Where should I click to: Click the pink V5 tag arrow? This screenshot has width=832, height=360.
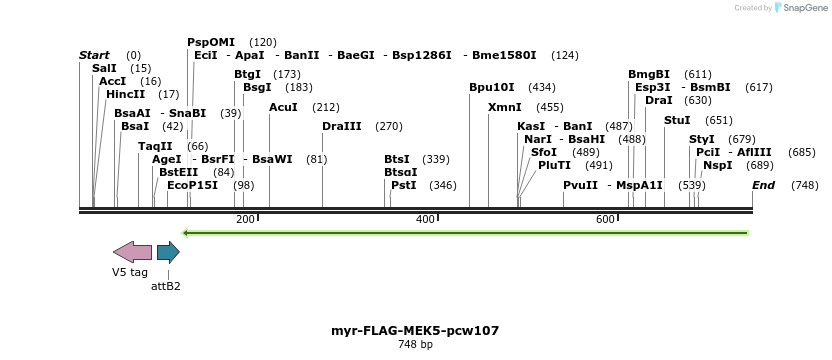(x=132, y=252)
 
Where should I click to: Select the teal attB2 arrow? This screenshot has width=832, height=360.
(x=168, y=252)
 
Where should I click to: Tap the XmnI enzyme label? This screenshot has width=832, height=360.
(x=504, y=107)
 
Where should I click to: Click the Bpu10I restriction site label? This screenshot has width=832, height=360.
(x=491, y=87)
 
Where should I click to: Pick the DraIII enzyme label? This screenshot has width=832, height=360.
(x=342, y=126)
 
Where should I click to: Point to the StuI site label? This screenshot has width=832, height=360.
(x=677, y=120)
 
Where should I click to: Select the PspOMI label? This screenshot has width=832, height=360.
(x=211, y=42)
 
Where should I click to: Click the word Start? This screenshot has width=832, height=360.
(x=94, y=55)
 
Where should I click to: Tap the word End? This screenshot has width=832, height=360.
(x=763, y=185)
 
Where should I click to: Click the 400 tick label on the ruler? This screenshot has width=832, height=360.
(x=426, y=219)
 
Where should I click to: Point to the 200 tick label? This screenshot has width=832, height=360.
(x=245, y=219)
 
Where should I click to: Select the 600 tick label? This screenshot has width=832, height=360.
(x=605, y=219)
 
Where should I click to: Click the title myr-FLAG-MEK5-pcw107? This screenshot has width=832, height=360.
(x=415, y=330)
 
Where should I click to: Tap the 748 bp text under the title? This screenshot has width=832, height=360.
(x=415, y=345)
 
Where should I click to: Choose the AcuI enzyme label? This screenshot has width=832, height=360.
(x=283, y=107)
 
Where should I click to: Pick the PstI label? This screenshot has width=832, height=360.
(x=404, y=185)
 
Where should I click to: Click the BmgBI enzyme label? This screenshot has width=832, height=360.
(x=649, y=74)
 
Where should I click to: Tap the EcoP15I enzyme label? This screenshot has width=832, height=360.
(x=192, y=185)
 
